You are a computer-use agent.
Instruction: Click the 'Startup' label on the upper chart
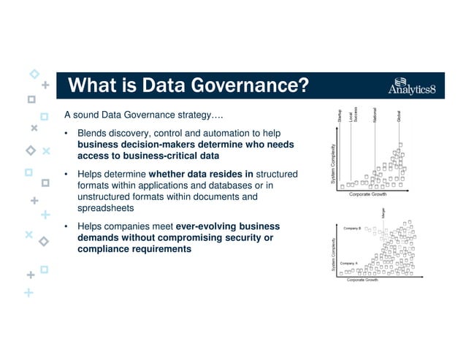tap(340, 115)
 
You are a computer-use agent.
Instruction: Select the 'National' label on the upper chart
tap(374, 115)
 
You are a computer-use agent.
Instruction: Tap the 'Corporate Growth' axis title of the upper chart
tap(367, 194)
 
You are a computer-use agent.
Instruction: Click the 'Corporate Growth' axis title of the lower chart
tap(362, 280)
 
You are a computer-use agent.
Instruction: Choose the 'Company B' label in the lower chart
tap(351, 229)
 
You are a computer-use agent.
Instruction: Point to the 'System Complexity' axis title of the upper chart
tap(334, 164)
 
